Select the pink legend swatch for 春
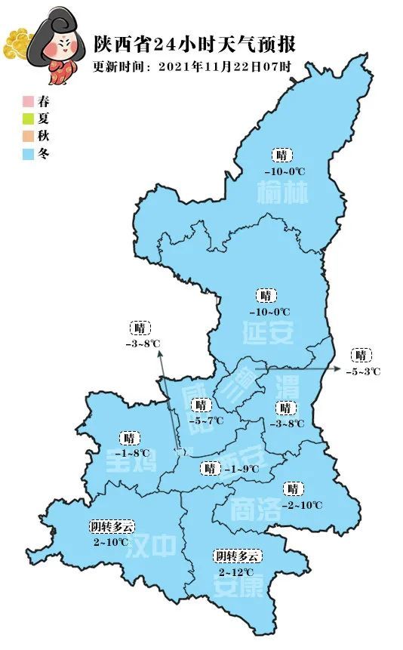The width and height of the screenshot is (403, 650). click(28, 101)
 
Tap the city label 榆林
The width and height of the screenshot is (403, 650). click(283, 195)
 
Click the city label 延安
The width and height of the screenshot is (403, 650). click(268, 331)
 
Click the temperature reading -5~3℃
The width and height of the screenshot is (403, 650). click(363, 371)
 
